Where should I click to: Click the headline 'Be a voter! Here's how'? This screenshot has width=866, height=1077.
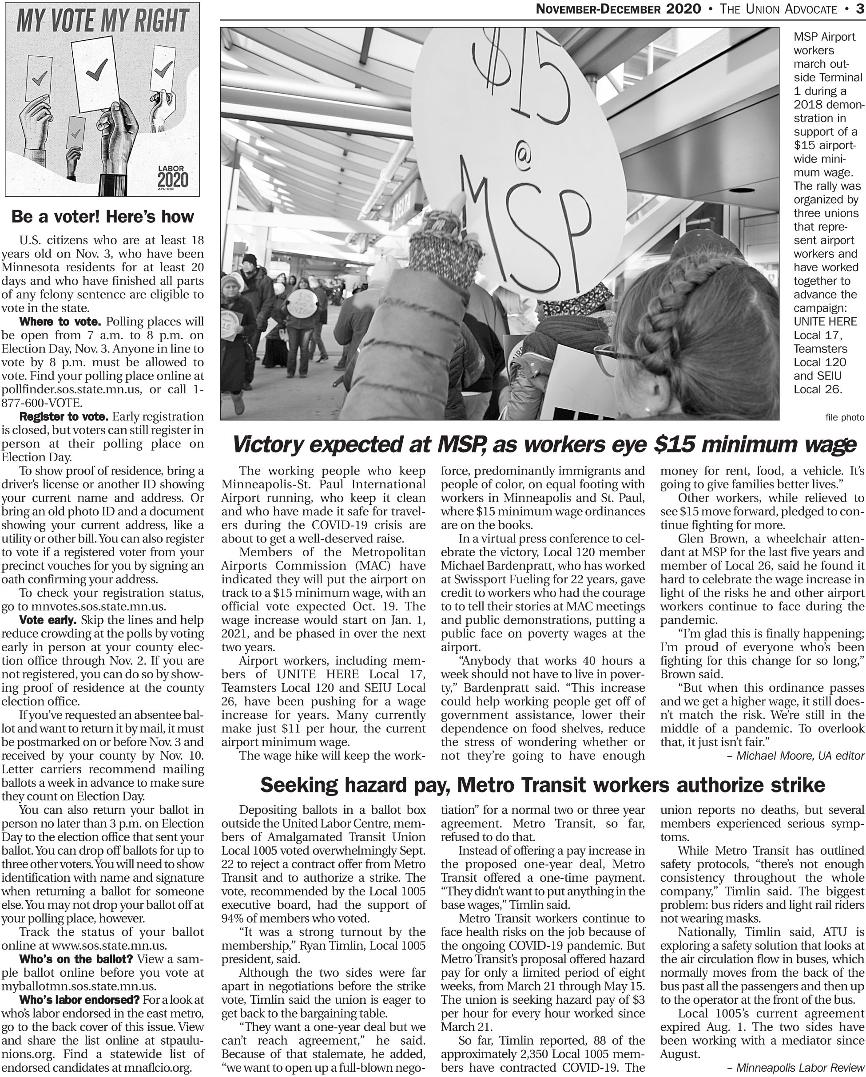(x=103, y=216)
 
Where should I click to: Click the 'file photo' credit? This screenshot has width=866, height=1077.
(x=845, y=417)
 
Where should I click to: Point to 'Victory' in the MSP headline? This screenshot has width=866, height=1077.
(x=273, y=444)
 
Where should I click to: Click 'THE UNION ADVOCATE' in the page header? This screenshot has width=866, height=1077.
(x=779, y=9)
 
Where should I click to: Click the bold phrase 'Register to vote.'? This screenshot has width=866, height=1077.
(x=64, y=416)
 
